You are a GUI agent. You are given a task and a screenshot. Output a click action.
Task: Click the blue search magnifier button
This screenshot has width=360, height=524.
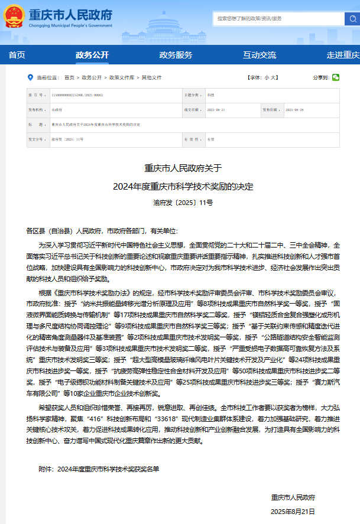pos(352,18)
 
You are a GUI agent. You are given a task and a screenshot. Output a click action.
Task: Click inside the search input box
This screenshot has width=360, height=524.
pos(278,18)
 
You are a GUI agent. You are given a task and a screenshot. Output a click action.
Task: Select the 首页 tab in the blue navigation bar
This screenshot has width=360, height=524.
pos(17,55)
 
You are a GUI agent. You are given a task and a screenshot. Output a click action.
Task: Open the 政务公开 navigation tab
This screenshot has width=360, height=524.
pos(92,55)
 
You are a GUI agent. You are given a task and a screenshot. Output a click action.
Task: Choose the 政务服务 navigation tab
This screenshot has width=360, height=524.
pos(176,55)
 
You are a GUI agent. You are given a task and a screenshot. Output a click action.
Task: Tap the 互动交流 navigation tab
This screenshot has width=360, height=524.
pos(260,55)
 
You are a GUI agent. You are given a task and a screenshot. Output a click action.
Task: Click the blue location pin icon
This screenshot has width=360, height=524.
pos(30,77)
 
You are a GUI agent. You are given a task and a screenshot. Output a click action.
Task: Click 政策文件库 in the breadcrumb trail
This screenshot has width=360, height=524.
pos(121,77)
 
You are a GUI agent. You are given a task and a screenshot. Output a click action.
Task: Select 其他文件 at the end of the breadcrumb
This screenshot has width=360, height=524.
pos(151,77)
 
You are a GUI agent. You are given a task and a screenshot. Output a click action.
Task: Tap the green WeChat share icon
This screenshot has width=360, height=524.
pos(336,77)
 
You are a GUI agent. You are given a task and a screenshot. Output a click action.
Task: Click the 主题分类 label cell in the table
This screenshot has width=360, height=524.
pos(192,95)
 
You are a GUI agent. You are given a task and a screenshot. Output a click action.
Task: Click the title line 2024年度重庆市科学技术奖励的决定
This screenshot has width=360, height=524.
pos(183,186)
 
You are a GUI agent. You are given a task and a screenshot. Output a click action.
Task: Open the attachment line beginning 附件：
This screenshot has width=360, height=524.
pos(99,469)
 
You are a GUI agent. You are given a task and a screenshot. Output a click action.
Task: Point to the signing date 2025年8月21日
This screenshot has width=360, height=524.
pos(293,511)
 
